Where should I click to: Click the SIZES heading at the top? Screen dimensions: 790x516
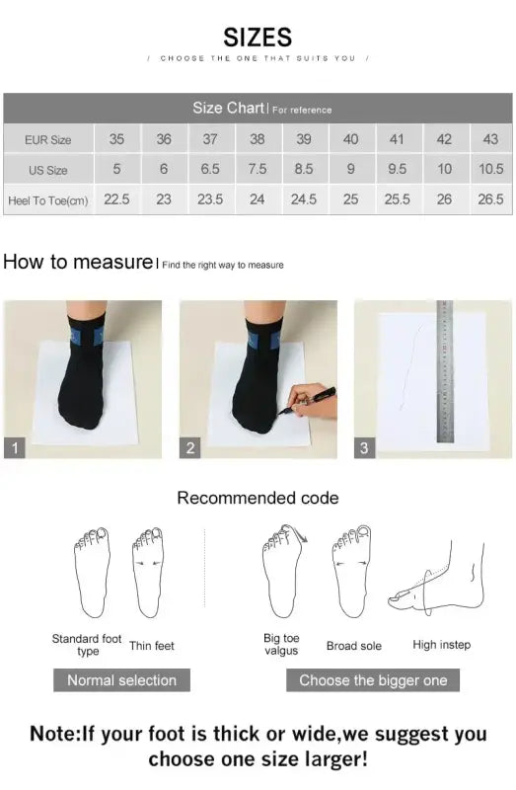258,38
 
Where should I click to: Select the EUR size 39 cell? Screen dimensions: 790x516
304,139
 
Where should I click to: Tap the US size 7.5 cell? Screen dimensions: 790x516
257,169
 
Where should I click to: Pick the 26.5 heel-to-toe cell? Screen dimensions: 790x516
490,198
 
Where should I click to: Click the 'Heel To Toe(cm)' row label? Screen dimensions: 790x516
48,199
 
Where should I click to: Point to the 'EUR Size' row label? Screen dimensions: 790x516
48,140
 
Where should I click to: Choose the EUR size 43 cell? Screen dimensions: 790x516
490,139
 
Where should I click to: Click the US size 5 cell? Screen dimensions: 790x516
116,169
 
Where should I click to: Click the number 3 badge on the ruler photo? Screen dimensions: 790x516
364,448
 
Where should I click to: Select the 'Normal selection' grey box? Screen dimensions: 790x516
121,679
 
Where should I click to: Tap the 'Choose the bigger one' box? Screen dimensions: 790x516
373,679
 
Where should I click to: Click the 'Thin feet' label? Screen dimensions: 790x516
152,646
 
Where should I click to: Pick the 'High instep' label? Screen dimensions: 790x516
441,645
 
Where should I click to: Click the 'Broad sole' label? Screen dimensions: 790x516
354,646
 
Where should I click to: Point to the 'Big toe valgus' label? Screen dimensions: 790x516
281,645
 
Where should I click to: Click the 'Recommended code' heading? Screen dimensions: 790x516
258,498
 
